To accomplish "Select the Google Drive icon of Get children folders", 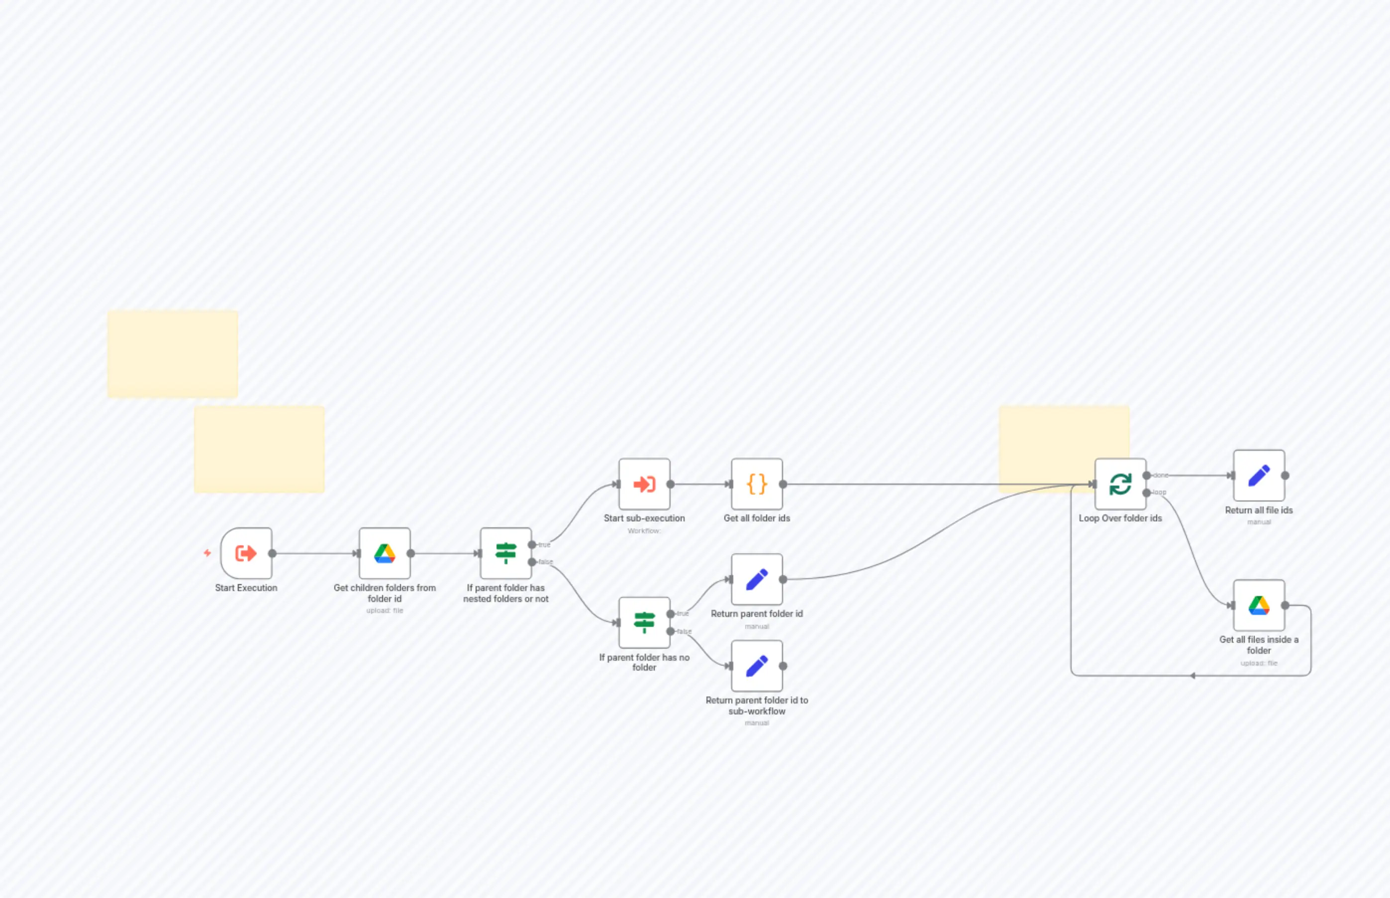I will click(384, 553).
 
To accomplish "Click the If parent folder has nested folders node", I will click(505, 553).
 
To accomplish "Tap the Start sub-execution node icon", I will click(644, 484).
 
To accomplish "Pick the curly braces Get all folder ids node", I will click(757, 484).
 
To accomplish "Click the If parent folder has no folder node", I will click(644, 622).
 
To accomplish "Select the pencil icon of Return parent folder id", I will click(757, 579).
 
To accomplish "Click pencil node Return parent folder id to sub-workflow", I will click(757, 666).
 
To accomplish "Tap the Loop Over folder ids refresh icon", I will click(1120, 484).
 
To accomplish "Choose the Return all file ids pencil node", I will click(1259, 475).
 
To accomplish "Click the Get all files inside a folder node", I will click(1259, 605).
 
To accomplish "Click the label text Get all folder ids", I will click(757, 518).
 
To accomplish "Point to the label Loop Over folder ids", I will click(1120, 518).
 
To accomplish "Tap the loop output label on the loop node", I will click(1160, 493).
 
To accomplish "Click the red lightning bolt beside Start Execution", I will click(207, 553).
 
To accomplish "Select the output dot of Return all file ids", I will click(1285, 475).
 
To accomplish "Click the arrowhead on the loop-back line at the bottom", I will click(1193, 676).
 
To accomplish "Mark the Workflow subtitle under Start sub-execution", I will click(644, 531).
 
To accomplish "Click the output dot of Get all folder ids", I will click(783, 484).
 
